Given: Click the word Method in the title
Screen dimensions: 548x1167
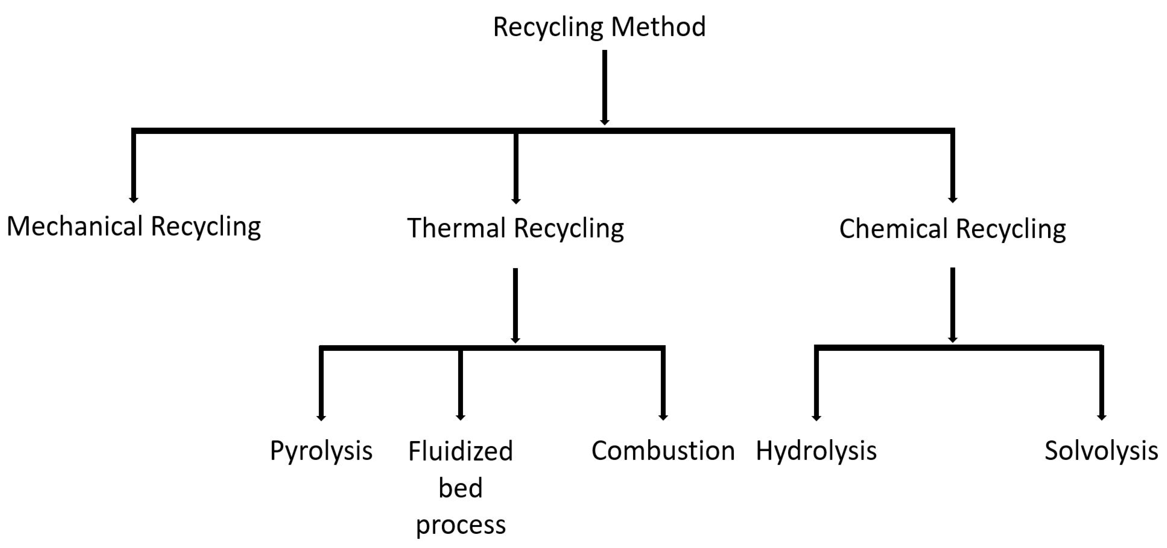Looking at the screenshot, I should (x=658, y=27).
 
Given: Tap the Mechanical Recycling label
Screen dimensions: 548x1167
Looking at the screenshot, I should (x=133, y=227).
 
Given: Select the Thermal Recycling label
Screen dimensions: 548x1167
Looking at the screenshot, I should (x=516, y=228).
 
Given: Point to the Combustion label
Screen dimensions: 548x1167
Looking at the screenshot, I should (x=663, y=451).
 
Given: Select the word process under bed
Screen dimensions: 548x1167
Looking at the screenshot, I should (x=460, y=525).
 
